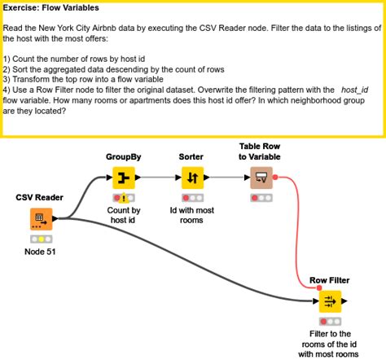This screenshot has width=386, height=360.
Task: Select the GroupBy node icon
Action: point(124,178)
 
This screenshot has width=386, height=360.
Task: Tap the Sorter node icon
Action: point(192,178)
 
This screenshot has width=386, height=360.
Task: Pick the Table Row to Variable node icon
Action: point(262,178)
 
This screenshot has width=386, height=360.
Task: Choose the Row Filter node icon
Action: point(331,302)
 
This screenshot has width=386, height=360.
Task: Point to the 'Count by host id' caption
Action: point(124,214)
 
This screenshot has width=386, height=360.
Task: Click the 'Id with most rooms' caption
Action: point(191,214)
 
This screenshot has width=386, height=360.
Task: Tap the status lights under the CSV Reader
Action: point(41,238)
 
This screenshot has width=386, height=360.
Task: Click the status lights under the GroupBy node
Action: point(124,197)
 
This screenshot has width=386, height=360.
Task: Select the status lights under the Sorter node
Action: point(192,197)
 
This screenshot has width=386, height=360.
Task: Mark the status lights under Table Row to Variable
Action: point(262,197)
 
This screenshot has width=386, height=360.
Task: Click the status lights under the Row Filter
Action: point(331,322)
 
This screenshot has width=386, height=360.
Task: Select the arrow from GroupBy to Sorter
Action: point(158,178)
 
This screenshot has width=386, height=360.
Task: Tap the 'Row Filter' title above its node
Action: point(330,280)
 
